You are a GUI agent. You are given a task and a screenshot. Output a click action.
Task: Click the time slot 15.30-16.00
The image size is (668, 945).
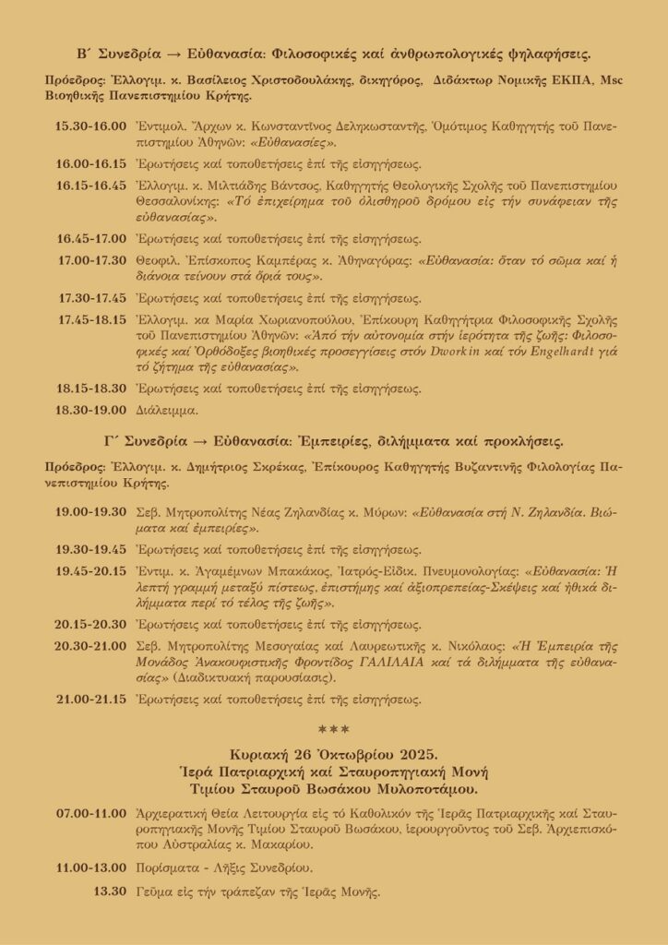pos(90,125)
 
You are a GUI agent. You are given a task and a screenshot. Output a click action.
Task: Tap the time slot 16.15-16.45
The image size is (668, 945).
pos(90,185)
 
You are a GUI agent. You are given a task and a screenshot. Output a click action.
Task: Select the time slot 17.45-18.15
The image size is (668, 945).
pos(90,318)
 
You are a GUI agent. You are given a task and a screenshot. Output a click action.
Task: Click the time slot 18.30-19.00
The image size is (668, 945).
pos(90,409)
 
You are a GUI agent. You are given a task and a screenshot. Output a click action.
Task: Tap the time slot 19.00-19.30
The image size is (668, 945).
pos(90,510)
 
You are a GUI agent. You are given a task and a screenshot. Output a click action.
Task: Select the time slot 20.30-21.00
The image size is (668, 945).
pos(90,645)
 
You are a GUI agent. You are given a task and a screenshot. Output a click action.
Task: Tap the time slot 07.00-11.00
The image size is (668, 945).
pos(90,813)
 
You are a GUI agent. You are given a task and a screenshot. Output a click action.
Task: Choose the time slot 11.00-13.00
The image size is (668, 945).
pos(90,868)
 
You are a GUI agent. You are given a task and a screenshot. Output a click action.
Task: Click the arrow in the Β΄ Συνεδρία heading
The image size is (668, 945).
pos(161,53)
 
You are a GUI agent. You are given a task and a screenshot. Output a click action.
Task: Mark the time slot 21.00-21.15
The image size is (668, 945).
pos(90,699)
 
